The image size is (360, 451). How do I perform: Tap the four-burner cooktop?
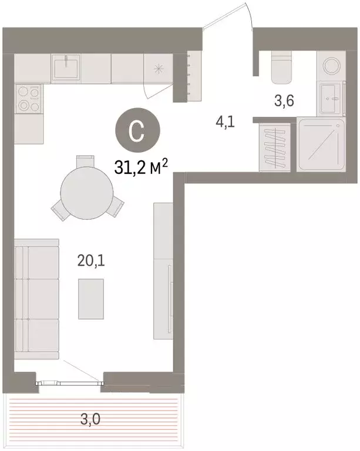28,99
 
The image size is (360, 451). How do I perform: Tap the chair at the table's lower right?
116,206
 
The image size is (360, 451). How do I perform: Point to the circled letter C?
136,130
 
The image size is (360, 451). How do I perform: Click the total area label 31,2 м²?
143,169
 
